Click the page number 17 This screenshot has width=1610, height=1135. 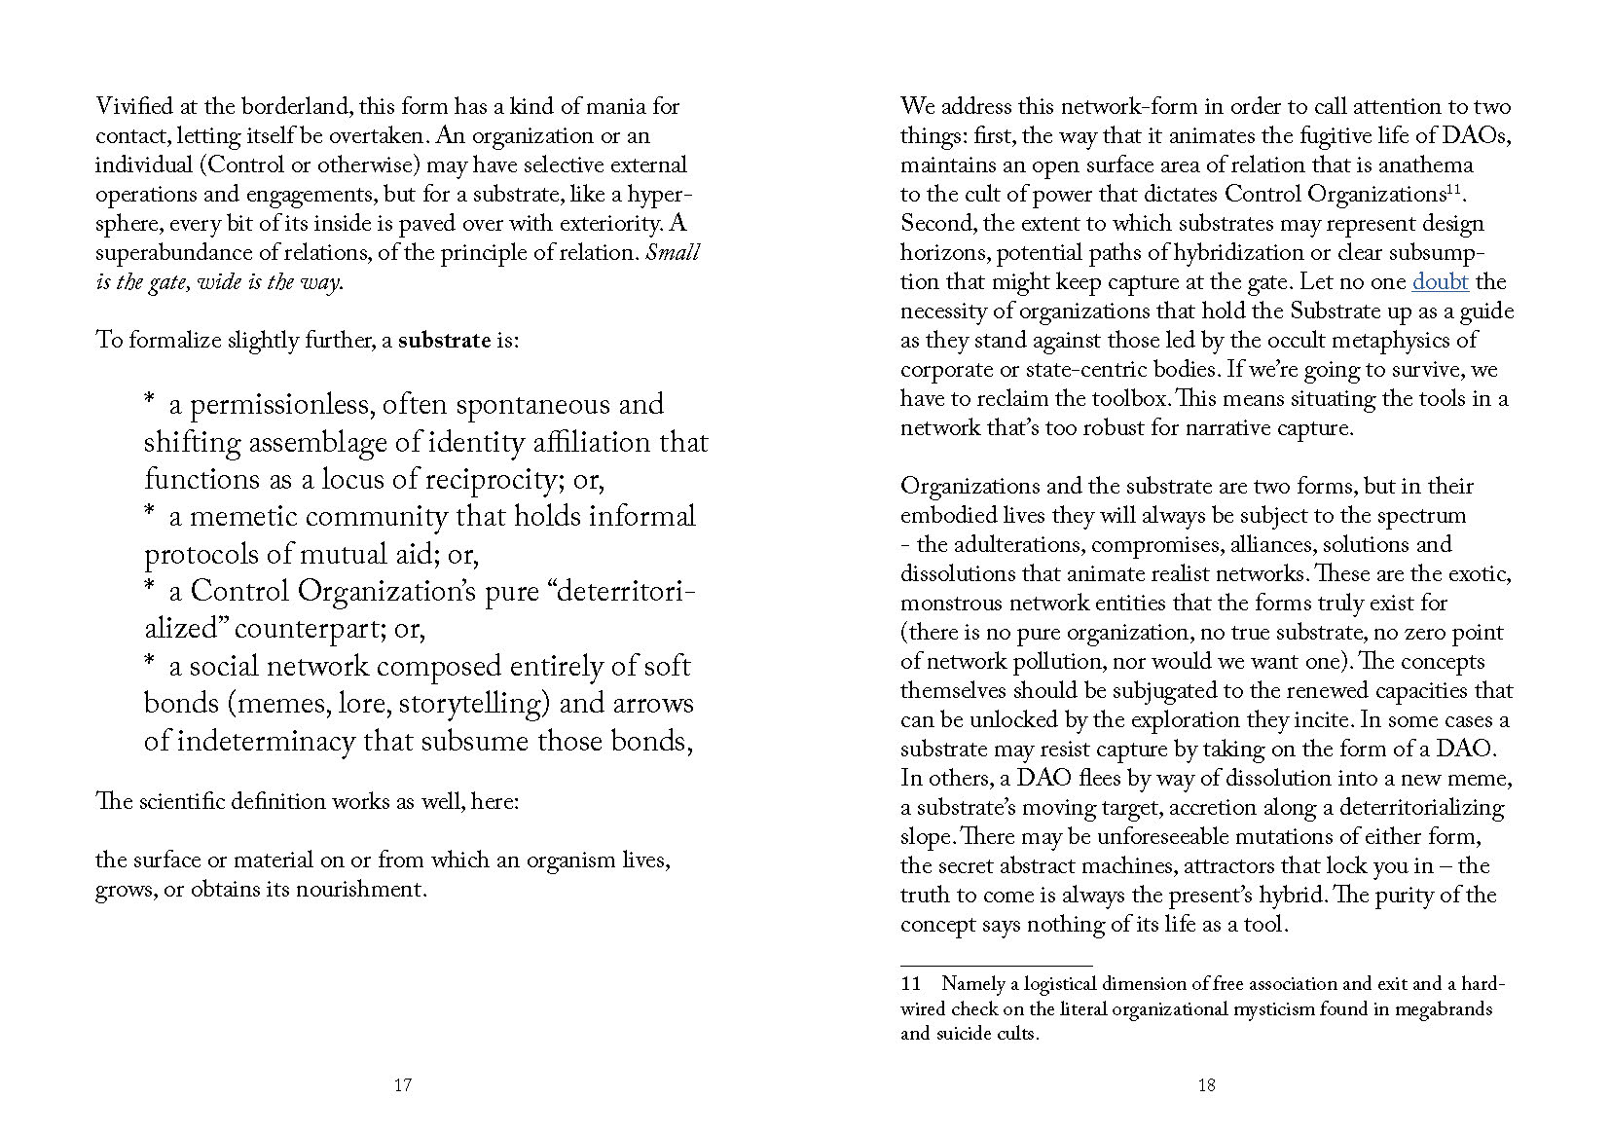[x=403, y=1085]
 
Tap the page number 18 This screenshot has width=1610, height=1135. [x=1206, y=1085]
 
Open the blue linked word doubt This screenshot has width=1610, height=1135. [x=1440, y=282]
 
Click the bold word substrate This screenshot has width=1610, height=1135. [x=444, y=341]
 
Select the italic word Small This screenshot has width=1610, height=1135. [x=673, y=253]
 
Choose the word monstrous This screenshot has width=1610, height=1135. [x=950, y=604]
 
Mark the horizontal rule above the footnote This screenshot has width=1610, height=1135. [x=996, y=966]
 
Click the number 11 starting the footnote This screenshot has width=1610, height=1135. [x=911, y=984]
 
